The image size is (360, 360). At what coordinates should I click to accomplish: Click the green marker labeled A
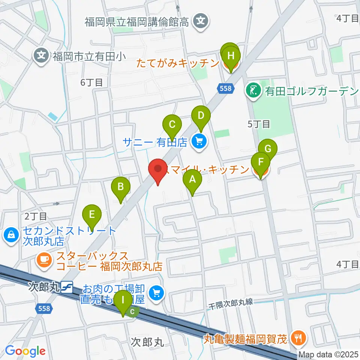click(192, 179)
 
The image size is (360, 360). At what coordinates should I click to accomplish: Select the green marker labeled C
click(172, 124)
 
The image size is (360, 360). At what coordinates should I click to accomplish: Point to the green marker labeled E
click(92, 214)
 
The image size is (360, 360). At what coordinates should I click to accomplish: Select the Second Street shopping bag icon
click(12, 235)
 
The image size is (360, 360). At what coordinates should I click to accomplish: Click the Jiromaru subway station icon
click(68, 287)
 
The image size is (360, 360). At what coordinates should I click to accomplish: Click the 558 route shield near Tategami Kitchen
click(226, 88)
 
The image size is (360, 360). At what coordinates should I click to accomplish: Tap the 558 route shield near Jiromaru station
click(44, 308)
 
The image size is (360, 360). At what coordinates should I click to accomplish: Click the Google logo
click(25, 351)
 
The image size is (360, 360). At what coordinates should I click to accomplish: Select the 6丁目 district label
click(91, 82)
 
